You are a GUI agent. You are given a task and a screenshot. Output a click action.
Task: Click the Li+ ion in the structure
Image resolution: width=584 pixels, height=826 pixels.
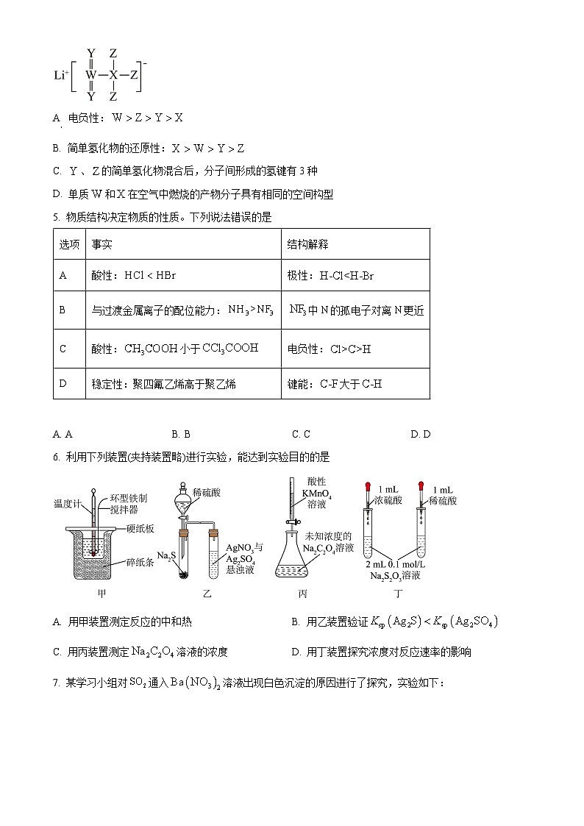(60, 74)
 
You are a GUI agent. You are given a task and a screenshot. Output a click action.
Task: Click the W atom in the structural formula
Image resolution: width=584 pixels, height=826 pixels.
(91, 74)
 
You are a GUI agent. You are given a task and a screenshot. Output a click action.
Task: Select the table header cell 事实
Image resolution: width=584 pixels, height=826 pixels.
(102, 244)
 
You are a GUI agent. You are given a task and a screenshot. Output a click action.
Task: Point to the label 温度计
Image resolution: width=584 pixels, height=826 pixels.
(66, 504)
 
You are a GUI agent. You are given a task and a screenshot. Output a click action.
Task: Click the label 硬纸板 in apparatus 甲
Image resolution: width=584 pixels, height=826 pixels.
(140, 527)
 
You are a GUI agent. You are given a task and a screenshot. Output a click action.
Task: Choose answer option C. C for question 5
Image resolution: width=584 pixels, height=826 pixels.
(301, 434)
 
